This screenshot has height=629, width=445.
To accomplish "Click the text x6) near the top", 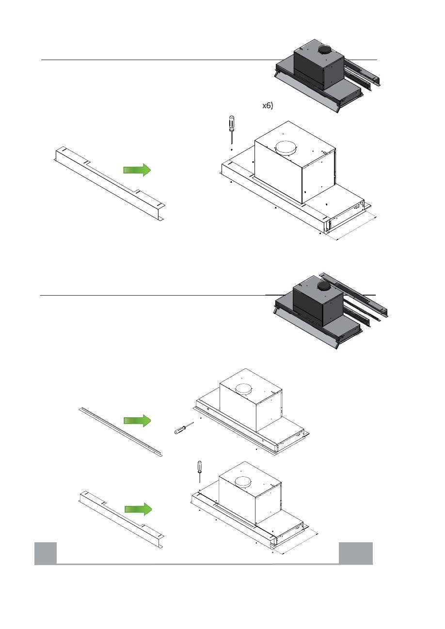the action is click(268, 106).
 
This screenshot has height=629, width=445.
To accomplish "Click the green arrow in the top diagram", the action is click(138, 169).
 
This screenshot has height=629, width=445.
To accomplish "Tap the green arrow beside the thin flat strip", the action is click(138, 421).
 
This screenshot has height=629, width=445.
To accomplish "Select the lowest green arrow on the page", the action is click(138, 508).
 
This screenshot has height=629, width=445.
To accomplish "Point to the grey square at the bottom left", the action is click(46, 553).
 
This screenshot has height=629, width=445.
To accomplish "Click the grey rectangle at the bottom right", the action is click(355, 553).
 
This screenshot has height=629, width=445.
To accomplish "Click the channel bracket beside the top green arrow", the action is click(109, 185).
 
